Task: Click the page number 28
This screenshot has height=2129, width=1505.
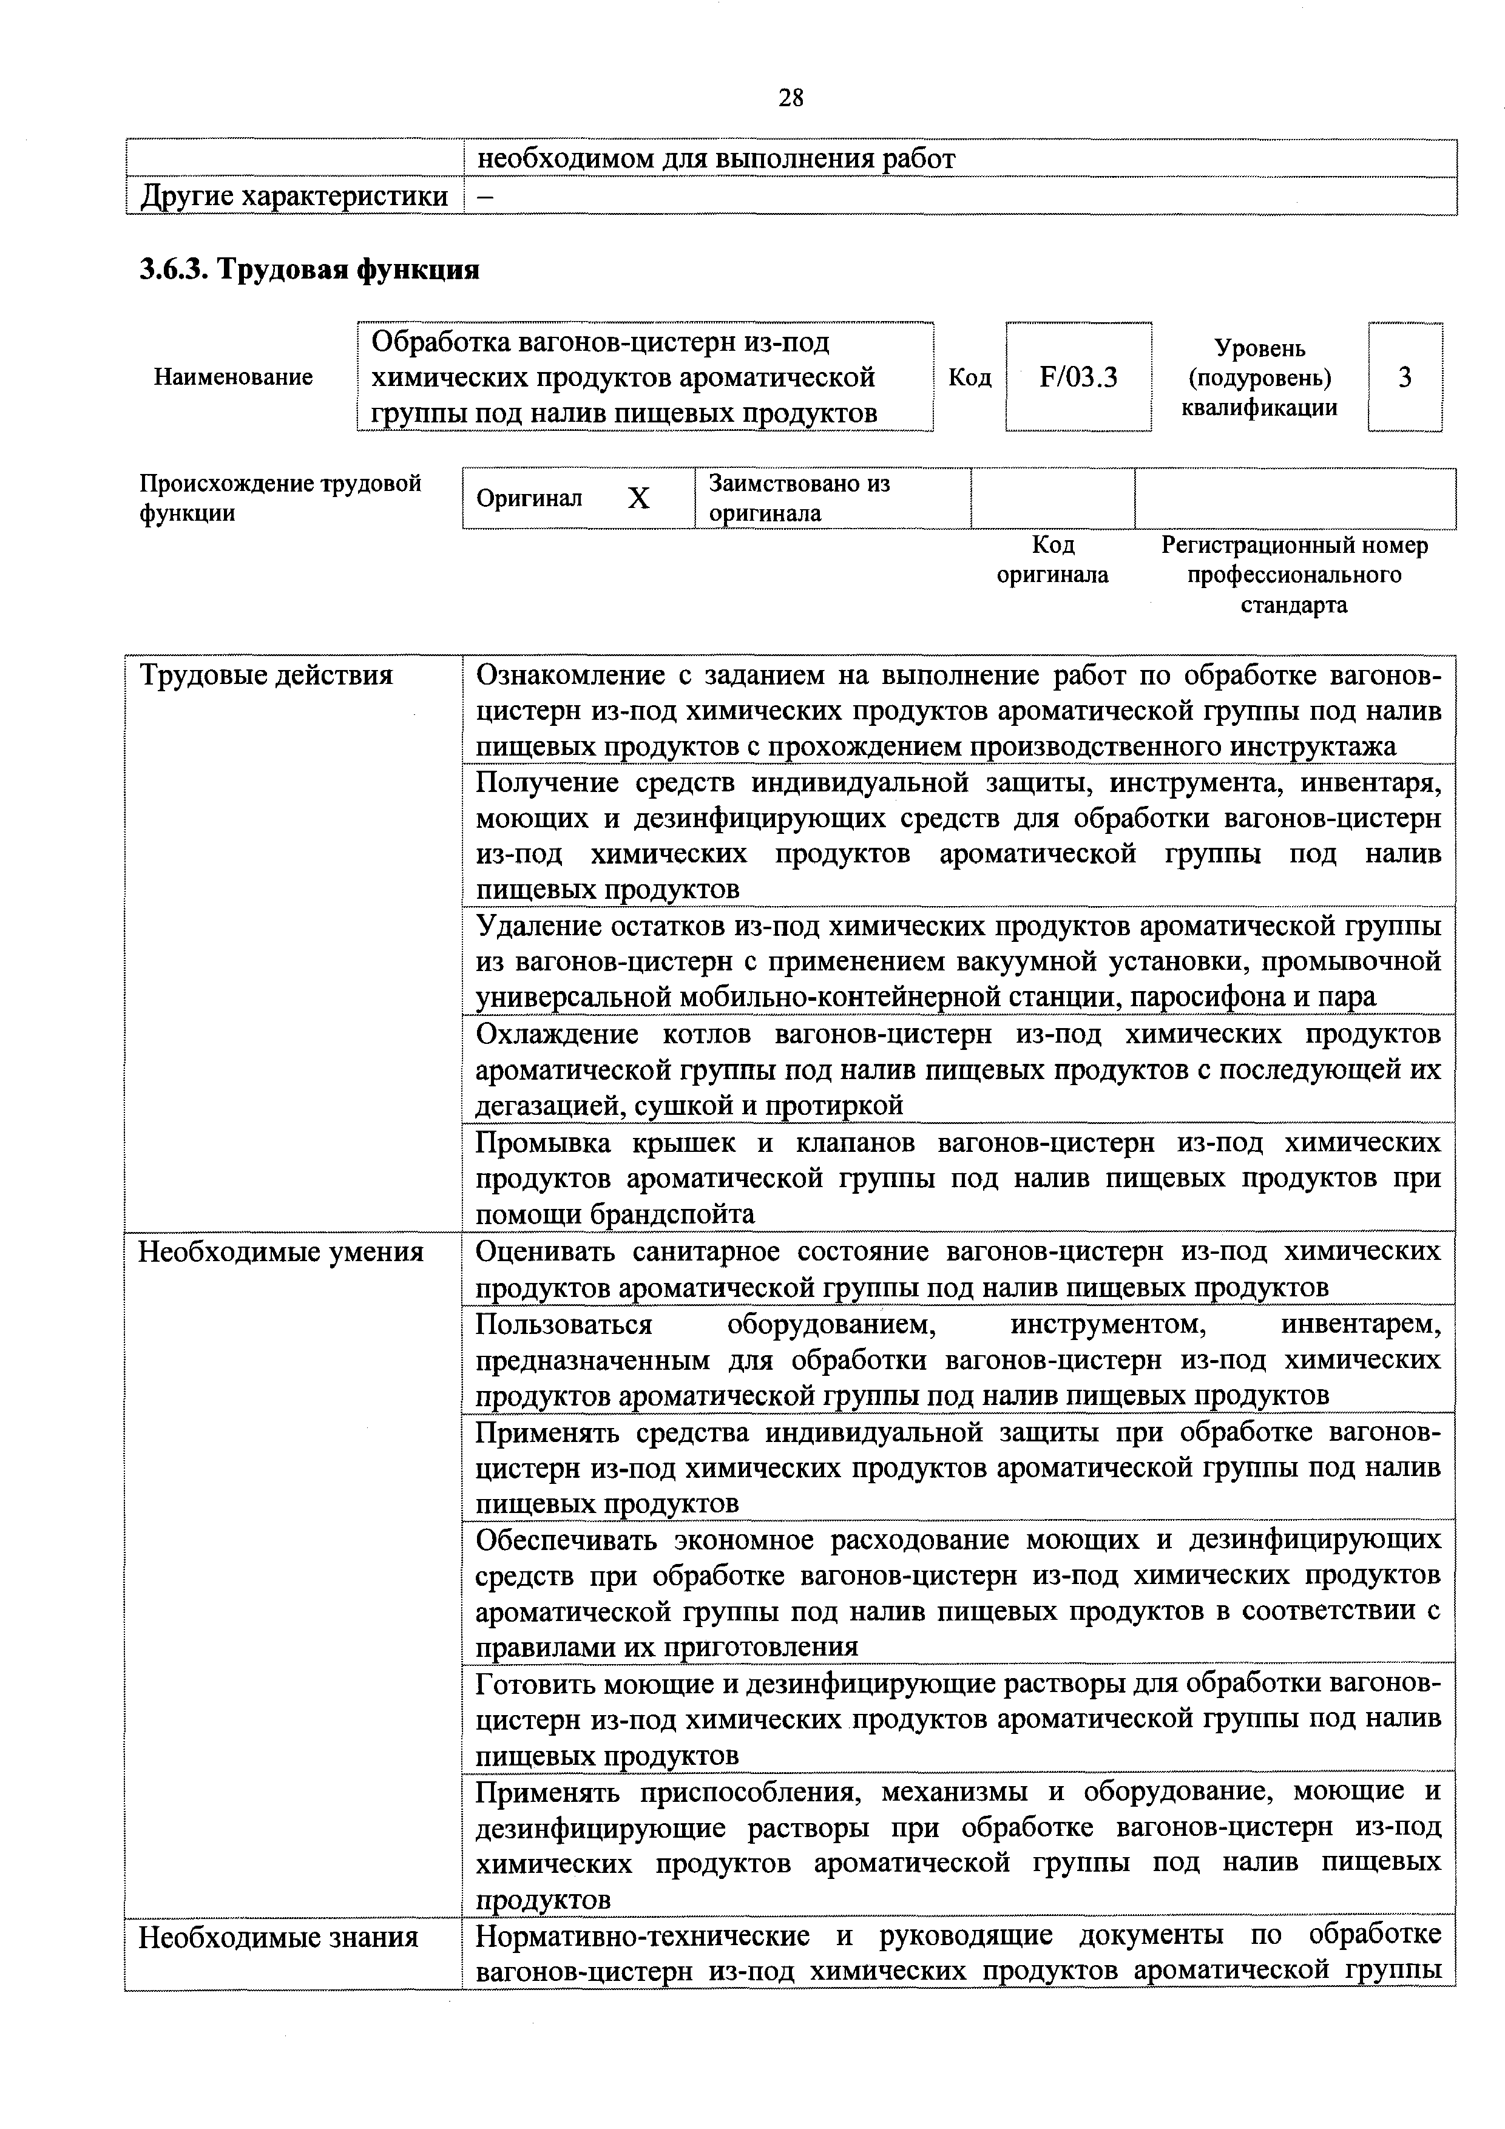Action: [791, 97]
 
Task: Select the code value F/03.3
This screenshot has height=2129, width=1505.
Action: [1078, 377]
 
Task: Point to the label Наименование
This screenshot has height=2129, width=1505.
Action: [233, 377]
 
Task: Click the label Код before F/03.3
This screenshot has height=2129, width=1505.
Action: [969, 377]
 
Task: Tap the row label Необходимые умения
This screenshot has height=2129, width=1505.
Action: [281, 1253]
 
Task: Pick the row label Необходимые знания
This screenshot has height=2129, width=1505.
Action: [278, 1938]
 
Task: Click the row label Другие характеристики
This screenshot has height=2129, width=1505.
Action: [293, 197]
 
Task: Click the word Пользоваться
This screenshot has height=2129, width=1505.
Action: [564, 1325]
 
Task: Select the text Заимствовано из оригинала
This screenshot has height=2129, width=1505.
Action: [799, 498]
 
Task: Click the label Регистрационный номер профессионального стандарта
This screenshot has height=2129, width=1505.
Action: [1294, 575]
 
